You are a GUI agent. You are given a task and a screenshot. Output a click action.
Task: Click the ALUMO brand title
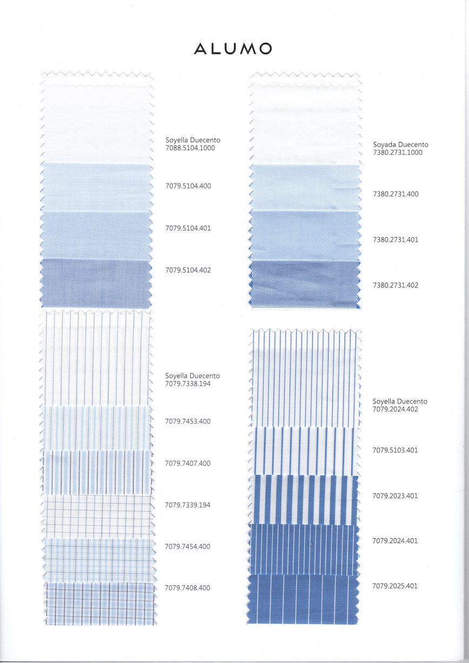coord(233,49)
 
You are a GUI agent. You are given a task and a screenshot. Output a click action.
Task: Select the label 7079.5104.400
coord(188,186)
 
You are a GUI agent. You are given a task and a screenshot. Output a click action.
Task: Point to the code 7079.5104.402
coord(188,270)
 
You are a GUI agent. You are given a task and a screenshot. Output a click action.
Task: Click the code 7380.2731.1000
coord(398,153)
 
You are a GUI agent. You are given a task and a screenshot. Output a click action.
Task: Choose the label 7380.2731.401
coord(396,240)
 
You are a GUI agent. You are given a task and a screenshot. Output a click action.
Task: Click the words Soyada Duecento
coord(400,145)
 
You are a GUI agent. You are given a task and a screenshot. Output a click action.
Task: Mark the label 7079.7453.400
coord(188,422)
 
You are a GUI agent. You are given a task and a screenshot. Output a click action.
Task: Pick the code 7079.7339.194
coord(188,505)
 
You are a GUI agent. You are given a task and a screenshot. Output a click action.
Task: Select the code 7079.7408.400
coord(188,588)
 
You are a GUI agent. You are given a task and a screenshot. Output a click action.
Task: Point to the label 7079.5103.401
coord(396,450)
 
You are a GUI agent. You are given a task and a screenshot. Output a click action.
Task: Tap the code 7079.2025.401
coord(396,586)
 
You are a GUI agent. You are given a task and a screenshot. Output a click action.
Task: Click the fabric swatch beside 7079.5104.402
coord(96,283)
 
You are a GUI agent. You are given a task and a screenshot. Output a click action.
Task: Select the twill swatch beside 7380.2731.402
coord(305,284)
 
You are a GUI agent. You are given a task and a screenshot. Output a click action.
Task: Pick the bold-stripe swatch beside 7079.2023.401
coord(304,499)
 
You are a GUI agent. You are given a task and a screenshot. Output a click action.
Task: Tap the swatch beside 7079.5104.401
coord(96,235)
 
